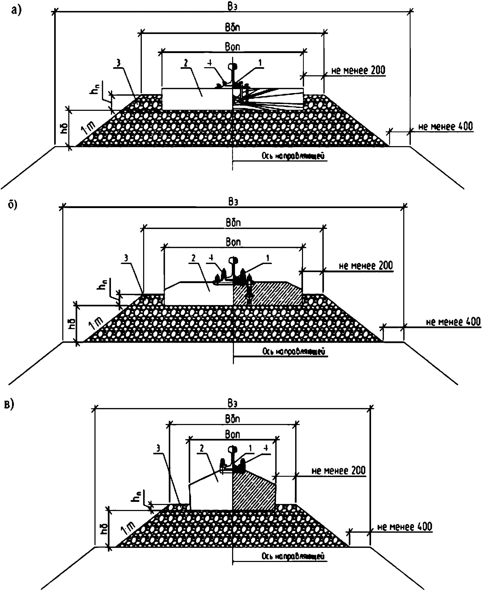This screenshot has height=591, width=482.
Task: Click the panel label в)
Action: pyautogui.click(x=9, y=405)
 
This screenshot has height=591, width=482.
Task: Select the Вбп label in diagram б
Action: pyautogui.click(x=233, y=223)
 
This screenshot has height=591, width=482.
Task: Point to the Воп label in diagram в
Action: pyautogui.click(x=232, y=434)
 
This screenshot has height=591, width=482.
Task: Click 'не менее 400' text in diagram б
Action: pyautogui.click(x=453, y=322)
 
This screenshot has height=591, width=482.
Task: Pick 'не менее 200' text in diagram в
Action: pyautogui.click(x=338, y=471)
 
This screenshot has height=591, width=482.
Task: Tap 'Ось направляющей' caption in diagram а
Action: pyautogui.click(x=293, y=156)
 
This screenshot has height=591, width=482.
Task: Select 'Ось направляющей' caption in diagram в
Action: pyautogui.click(x=293, y=556)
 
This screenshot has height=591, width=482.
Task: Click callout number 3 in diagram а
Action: pyautogui.click(x=119, y=63)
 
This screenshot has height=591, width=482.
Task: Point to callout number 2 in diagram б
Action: pyautogui.click(x=194, y=258)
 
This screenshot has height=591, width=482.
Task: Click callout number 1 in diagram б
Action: pyautogui.click(x=268, y=259)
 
